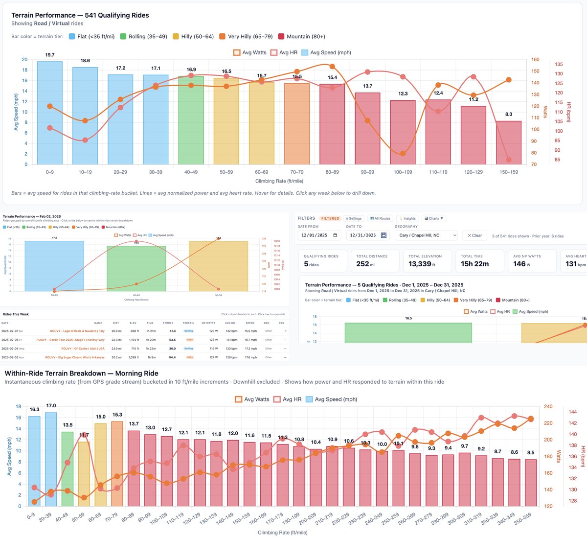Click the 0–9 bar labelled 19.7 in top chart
pyautogui.click(x=50, y=113)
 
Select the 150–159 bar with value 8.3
pyautogui.click(x=509, y=143)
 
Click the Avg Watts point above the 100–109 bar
pyautogui.click(x=403, y=154)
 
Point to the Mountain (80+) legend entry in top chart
pyautogui.click(x=301, y=37)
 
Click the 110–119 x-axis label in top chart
pyautogui.click(x=438, y=172)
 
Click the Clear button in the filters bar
pyautogui.click(x=474, y=235)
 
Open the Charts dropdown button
pyautogui.click(x=433, y=218)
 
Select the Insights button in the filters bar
pyautogui.click(x=407, y=218)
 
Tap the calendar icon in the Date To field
pyautogui.click(x=384, y=235)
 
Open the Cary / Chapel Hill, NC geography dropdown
pyautogui.click(x=427, y=235)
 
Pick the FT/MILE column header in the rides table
pyautogui.click(x=168, y=323)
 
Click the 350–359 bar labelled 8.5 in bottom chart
pyautogui.click(x=531, y=483)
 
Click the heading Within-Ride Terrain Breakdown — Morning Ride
pyautogui.click(x=81, y=374)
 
